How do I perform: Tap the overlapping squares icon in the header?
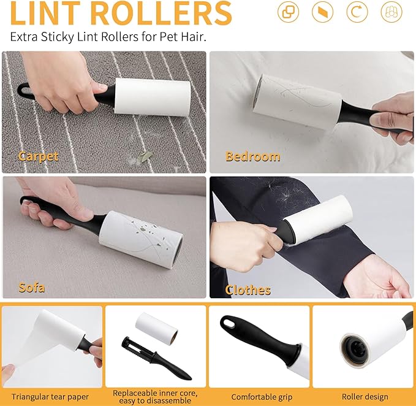click(288, 12)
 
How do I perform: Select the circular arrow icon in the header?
click(357, 12)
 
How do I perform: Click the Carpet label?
click(39, 156)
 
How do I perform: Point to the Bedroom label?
click(252, 156)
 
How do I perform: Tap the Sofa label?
click(32, 288)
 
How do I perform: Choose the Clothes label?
click(248, 290)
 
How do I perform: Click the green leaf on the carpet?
click(145, 156)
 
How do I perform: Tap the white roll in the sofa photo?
click(141, 240)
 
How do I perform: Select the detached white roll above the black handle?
click(156, 329)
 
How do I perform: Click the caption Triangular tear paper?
click(50, 397)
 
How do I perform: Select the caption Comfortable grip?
click(262, 397)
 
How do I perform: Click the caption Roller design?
click(365, 397)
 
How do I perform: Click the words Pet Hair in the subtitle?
click(183, 37)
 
